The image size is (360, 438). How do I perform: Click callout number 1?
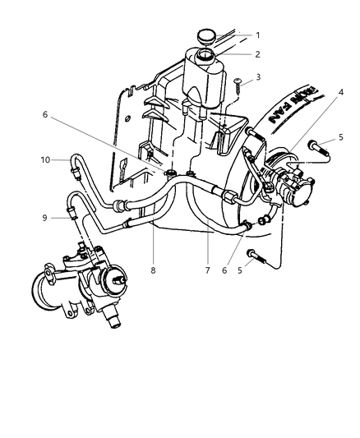point(257,35)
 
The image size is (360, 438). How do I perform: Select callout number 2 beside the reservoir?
point(257,54)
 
